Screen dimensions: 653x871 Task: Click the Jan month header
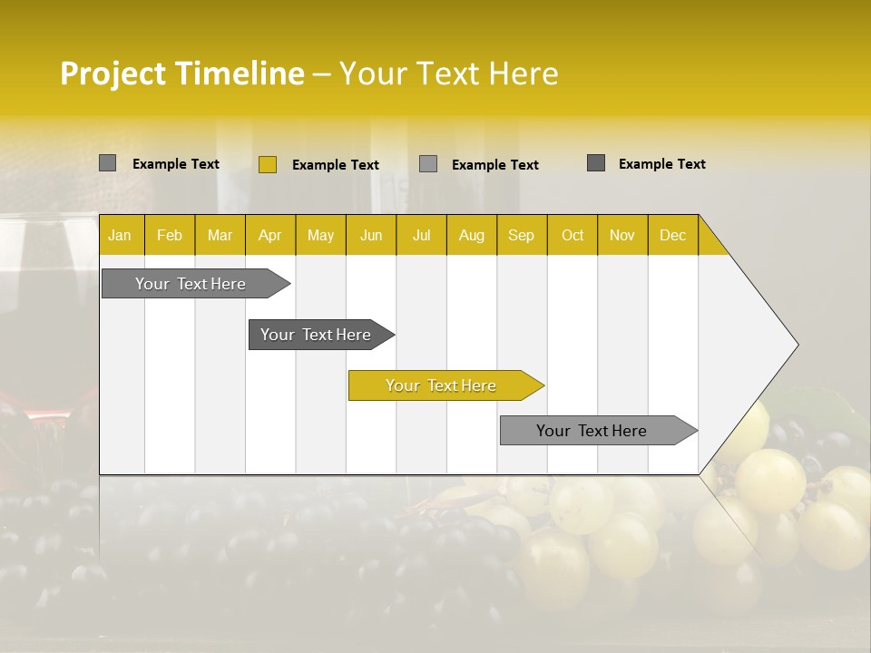tap(120, 235)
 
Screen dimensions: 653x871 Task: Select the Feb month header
tap(170, 235)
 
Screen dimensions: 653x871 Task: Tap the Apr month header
tap(270, 235)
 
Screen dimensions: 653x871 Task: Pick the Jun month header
tap(371, 235)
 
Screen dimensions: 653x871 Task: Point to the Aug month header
tap(471, 235)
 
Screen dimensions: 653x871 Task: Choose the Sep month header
tap(521, 235)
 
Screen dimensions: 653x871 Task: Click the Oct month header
tap(573, 235)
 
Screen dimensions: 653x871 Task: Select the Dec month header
tap(672, 235)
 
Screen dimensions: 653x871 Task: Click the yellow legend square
tap(268, 164)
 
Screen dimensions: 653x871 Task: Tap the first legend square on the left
tap(108, 163)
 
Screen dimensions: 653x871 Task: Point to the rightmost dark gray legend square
tap(596, 163)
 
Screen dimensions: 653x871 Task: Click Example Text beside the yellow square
tap(335, 165)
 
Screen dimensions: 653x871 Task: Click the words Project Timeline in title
tap(181, 73)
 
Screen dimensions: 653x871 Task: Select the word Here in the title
tap(524, 73)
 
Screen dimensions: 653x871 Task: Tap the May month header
tap(320, 235)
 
